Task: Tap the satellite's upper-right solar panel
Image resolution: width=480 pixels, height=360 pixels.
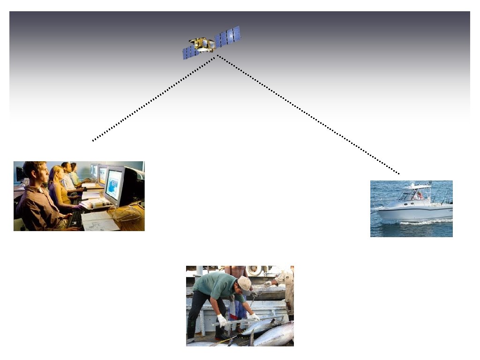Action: click(x=228, y=36)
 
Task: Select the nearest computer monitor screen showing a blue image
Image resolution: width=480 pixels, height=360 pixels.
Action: click(x=114, y=184)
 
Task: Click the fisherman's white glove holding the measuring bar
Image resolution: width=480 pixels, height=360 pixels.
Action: click(x=222, y=321)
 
